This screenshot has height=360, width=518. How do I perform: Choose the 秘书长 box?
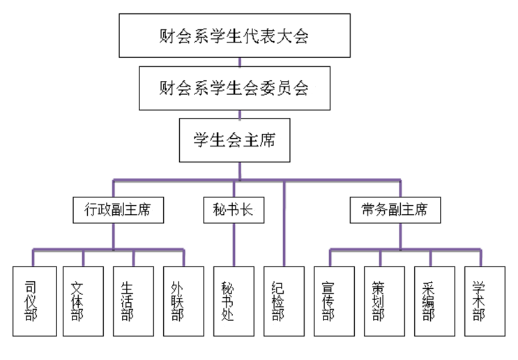pyautogui.click(x=234, y=209)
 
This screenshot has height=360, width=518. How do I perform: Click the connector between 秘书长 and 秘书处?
pyautogui.click(x=234, y=244)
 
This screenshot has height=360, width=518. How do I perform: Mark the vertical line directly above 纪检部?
pyautogui.click(x=284, y=223)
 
